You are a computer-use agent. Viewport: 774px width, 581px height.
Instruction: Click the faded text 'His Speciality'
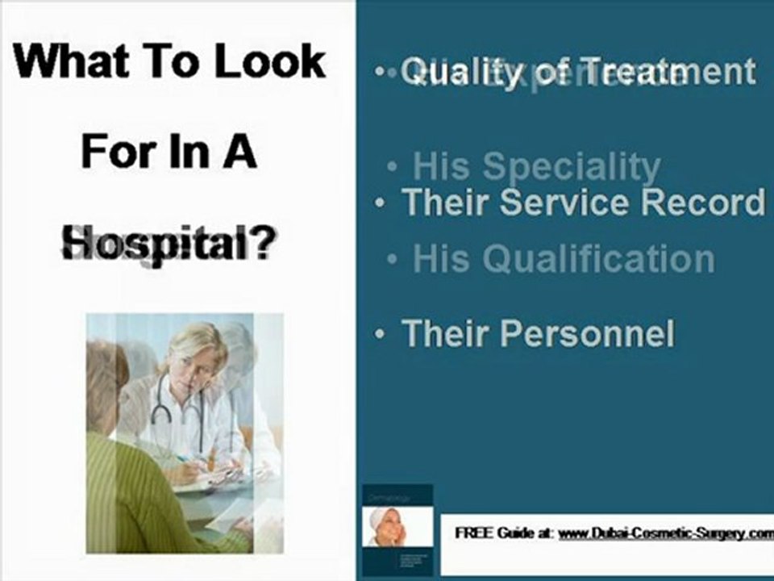coord(536,166)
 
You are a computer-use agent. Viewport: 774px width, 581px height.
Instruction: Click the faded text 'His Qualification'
coord(563,259)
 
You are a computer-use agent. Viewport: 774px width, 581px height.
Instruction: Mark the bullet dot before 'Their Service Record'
coord(380,203)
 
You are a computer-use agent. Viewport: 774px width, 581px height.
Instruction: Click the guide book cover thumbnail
coord(397,528)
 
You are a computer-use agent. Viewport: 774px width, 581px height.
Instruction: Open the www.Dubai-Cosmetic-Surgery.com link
coord(665,533)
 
